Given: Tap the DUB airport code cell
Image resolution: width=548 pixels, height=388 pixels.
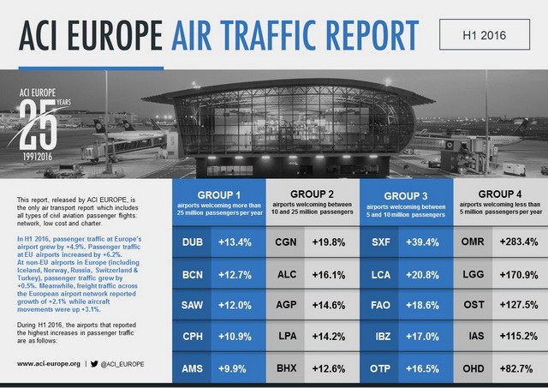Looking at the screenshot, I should [x=193, y=242].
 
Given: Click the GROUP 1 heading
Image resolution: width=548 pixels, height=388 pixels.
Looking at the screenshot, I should [x=219, y=194].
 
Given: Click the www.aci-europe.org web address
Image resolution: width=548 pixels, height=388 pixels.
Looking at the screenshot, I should [x=50, y=363].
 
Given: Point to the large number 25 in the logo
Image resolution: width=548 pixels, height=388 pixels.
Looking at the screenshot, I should [x=37, y=120].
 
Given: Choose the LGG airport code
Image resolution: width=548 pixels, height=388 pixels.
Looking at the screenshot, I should [x=473, y=274].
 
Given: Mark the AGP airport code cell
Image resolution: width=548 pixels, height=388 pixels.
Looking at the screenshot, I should [x=286, y=305].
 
